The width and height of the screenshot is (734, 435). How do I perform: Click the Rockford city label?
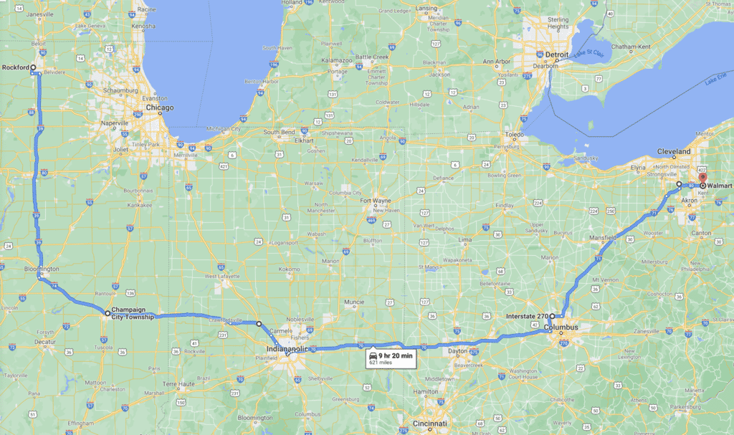(16, 67)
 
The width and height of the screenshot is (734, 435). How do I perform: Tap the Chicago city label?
(159, 107)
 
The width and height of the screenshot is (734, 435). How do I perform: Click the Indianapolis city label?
(286, 349)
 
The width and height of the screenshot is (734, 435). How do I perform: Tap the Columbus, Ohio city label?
(561, 328)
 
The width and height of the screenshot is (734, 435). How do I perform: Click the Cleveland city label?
(675, 152)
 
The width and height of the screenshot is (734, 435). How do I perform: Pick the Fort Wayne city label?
(375, 200)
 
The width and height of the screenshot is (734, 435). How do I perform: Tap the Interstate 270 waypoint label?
(526, 316)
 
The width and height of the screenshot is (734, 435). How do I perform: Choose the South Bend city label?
(279, 133)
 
